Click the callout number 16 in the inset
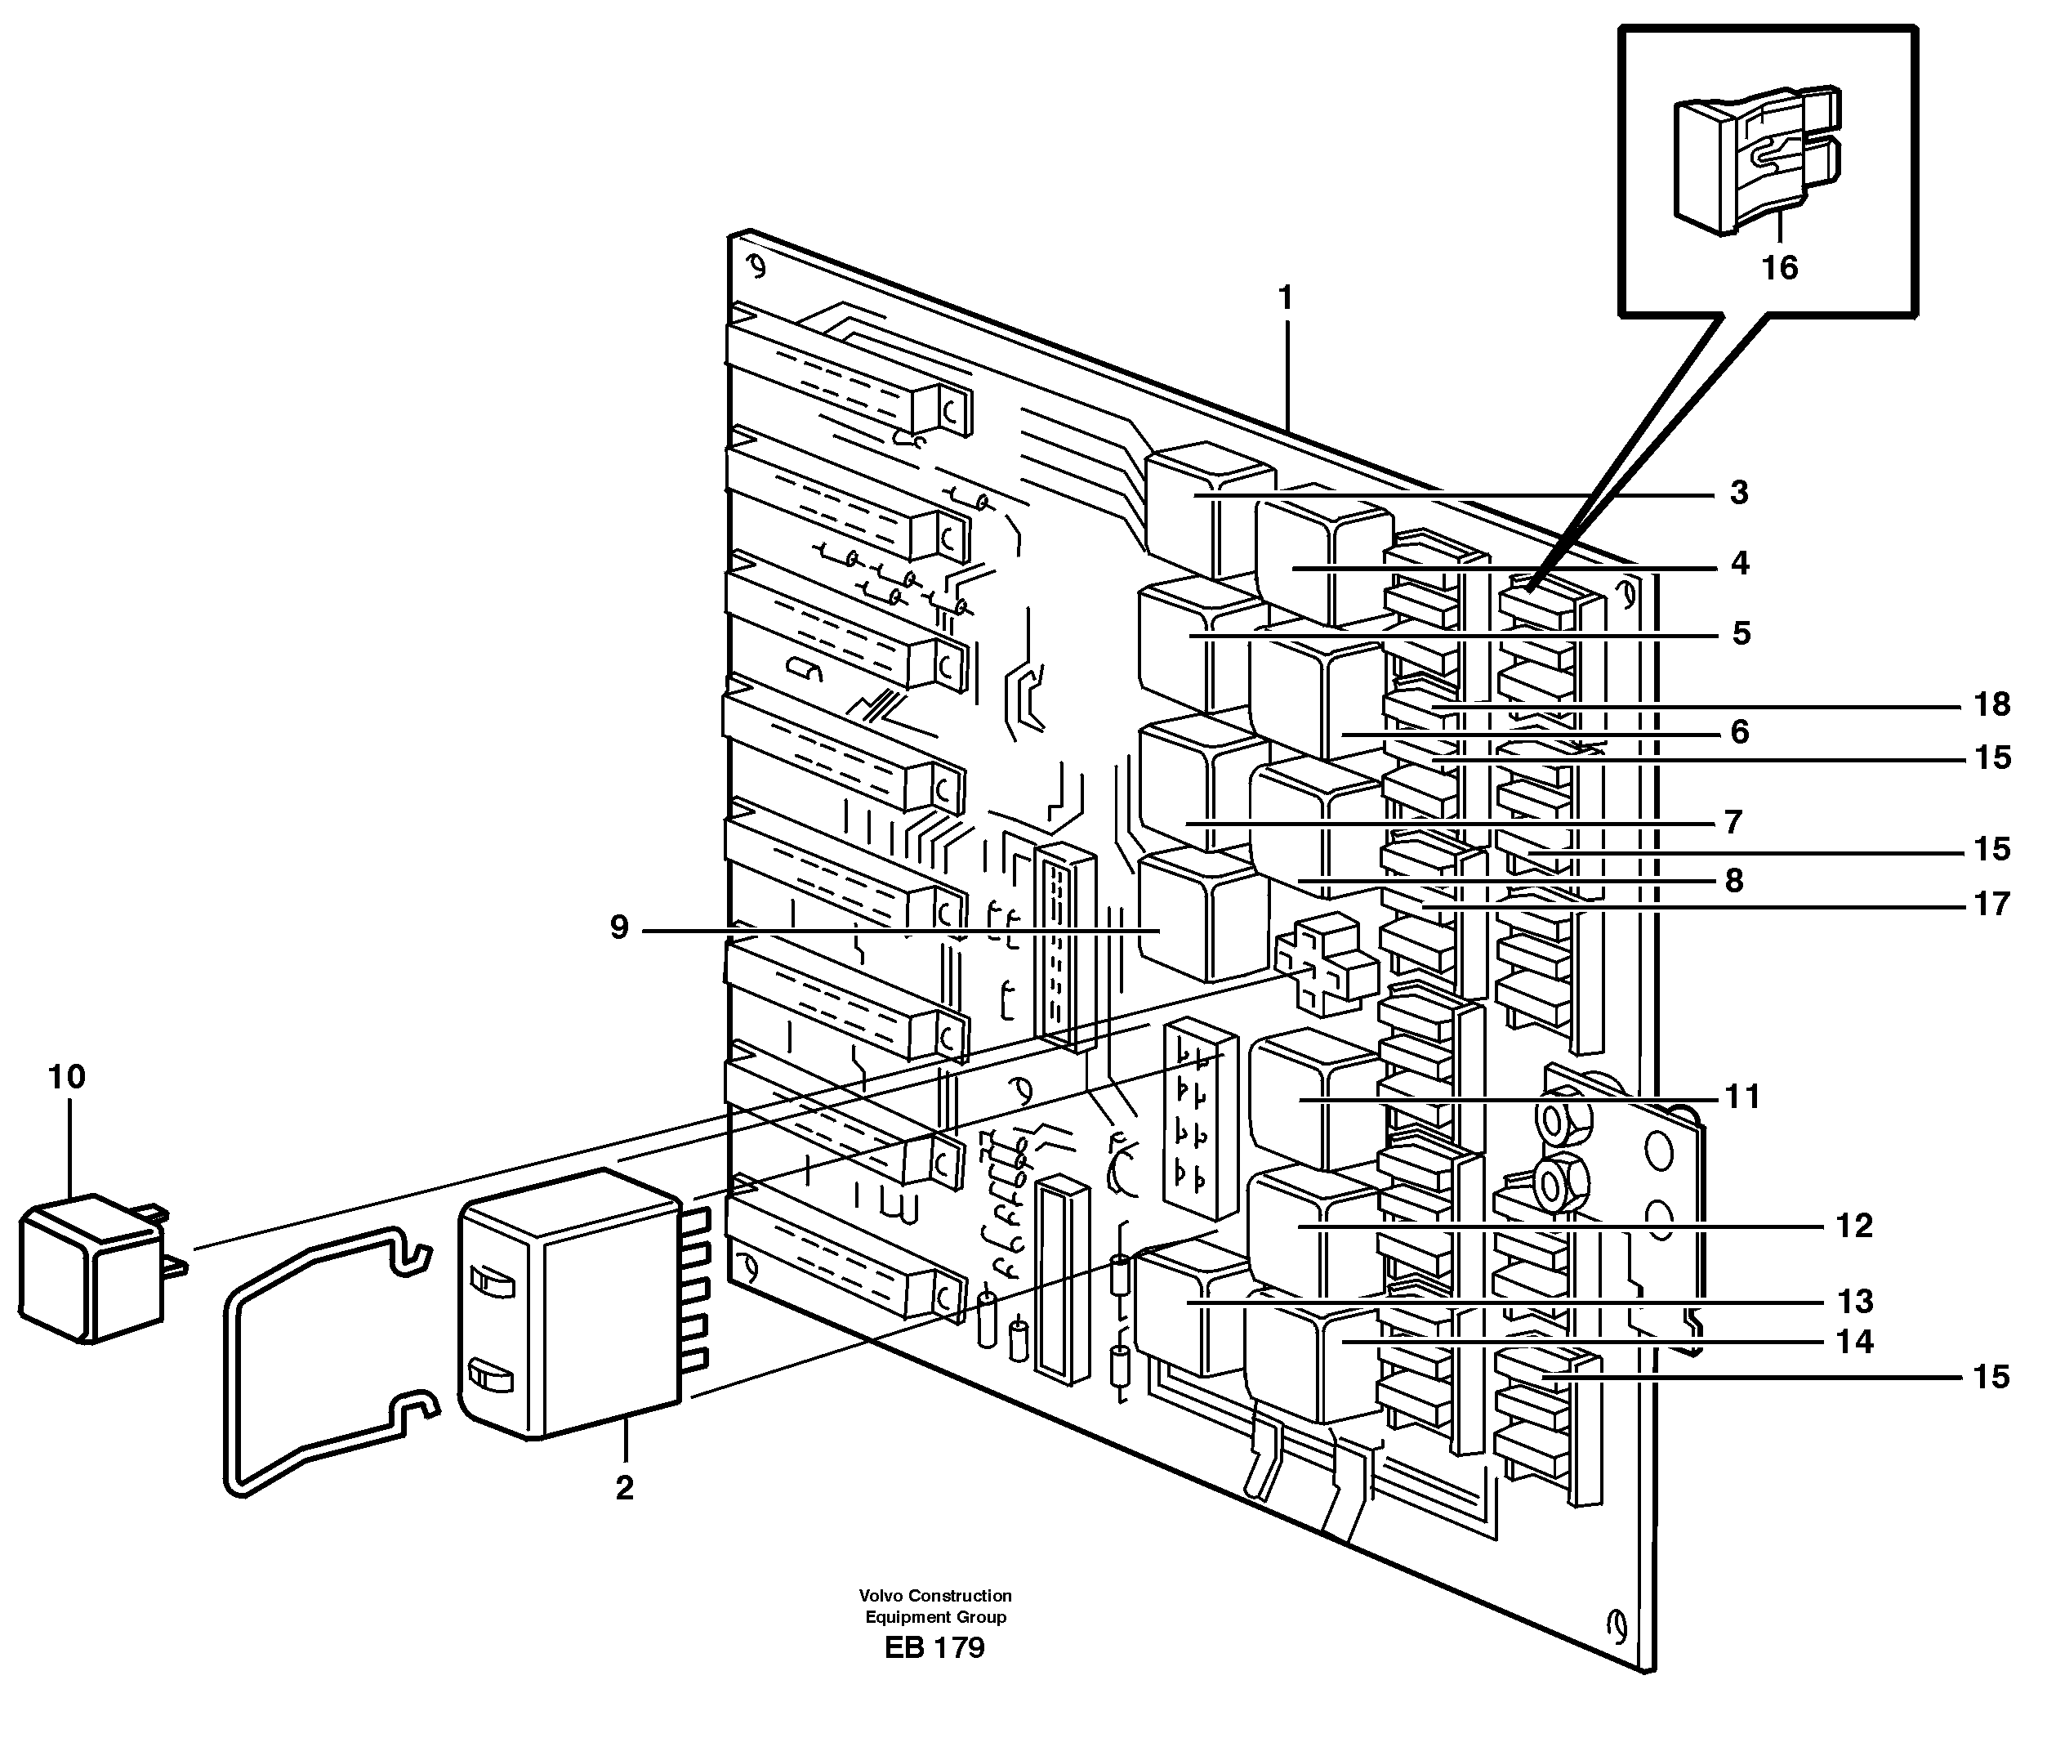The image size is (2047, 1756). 1780,268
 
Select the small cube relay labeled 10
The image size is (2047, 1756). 91,1267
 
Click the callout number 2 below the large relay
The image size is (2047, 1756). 624,1488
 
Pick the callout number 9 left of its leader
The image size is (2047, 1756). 619,928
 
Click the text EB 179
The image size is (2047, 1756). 934,1647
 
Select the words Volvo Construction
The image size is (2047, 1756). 934,1595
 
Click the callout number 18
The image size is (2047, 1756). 1991,704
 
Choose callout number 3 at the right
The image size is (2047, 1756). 1740,492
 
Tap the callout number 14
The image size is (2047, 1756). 1854,1341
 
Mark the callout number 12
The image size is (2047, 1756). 1854,1226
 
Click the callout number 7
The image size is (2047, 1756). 1733,822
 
